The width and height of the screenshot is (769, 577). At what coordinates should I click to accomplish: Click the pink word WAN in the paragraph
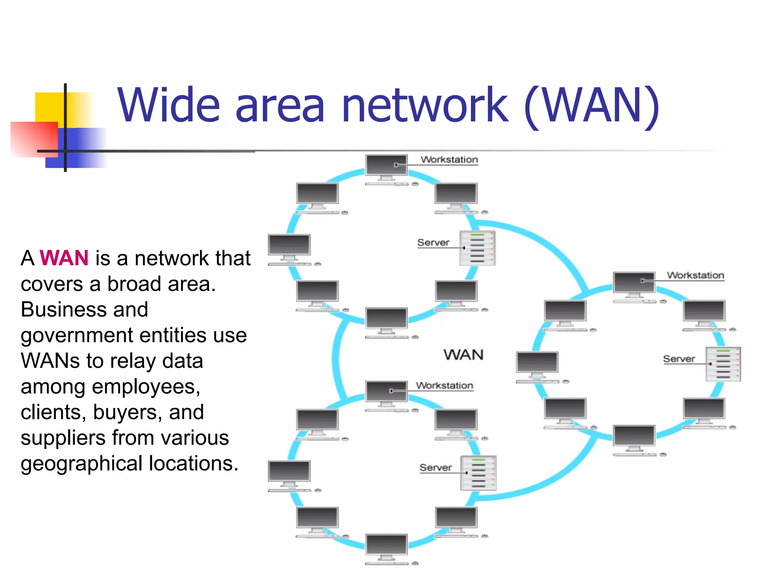64,258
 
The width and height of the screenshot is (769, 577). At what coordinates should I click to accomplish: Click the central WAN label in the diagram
463,355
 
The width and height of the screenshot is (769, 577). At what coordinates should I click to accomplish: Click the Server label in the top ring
433,243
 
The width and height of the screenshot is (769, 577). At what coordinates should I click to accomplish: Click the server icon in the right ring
723,364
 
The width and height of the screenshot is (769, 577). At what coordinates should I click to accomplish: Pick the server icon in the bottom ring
478,473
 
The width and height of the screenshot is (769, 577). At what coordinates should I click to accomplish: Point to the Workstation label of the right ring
695,275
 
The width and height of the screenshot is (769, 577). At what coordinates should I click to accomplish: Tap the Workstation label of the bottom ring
444,385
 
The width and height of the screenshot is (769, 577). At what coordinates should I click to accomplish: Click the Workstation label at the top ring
449,160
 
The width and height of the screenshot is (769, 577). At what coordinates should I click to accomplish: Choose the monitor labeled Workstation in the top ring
386,166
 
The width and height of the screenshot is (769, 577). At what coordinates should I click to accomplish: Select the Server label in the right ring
679,359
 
